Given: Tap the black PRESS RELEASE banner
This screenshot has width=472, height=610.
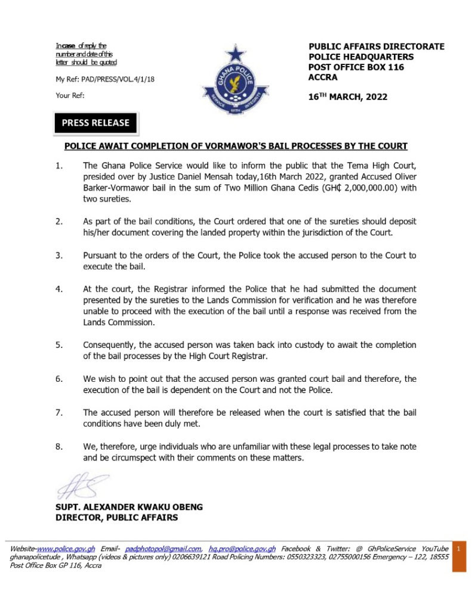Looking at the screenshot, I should click(x=95, y=123).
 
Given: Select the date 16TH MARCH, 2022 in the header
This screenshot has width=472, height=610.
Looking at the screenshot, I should click(x=348, y=97).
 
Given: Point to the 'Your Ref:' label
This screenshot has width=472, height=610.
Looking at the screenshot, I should click(x=70, y=95).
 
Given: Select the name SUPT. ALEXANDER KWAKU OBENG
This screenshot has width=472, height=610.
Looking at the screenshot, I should click(x=129, y=507).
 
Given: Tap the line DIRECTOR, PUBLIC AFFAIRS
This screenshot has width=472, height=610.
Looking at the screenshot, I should click(x=116, y=518).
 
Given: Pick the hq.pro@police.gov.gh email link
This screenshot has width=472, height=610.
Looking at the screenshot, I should click(x=242, y=548).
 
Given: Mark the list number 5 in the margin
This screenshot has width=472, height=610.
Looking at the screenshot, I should click(x=59, y=345).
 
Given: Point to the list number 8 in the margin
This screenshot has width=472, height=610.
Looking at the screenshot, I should click(x=59, y=446).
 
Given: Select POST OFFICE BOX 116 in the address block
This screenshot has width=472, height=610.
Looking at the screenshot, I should click(x=356, y=67).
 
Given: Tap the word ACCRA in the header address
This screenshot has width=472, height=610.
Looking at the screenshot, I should click(x=323, y=77).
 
